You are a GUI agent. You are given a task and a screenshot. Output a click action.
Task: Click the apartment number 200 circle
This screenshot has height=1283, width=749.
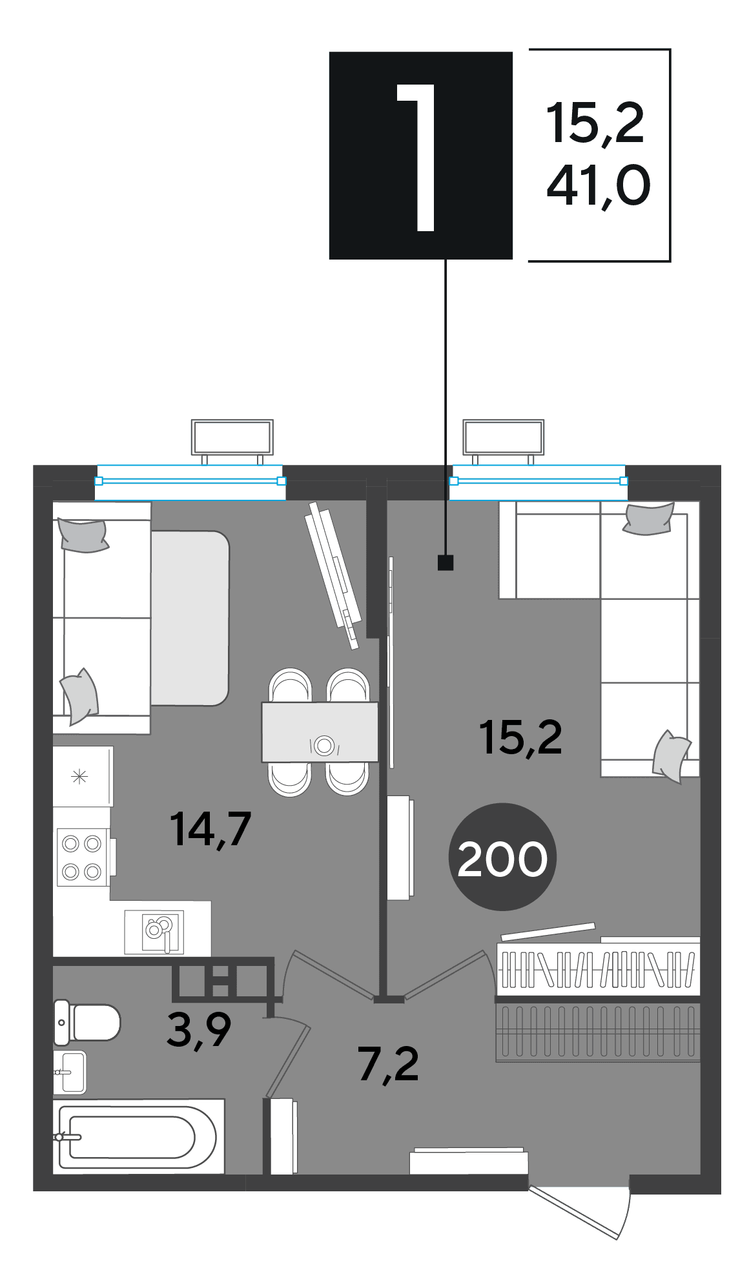502,857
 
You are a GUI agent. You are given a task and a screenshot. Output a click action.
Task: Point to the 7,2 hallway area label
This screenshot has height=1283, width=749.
389,1064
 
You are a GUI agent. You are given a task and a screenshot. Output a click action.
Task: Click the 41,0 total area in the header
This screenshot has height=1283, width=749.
598,186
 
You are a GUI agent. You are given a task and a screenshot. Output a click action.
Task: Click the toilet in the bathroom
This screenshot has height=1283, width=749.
87,1022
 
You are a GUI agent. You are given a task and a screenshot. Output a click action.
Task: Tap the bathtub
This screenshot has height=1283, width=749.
138,1136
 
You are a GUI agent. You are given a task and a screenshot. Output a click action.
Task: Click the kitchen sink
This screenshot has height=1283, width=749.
154,932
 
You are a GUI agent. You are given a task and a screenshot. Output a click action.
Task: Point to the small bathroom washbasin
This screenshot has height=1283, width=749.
69,1072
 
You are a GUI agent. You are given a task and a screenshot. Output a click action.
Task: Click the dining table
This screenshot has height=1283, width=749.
320,732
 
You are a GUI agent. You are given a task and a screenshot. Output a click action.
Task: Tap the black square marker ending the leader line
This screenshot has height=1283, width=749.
446,562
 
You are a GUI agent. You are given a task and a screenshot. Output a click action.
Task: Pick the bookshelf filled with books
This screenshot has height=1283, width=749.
598,969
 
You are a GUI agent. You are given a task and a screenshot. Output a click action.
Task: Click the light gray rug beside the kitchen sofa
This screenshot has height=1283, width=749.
190,618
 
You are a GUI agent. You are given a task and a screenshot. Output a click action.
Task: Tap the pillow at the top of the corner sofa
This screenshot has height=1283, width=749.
648,519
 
